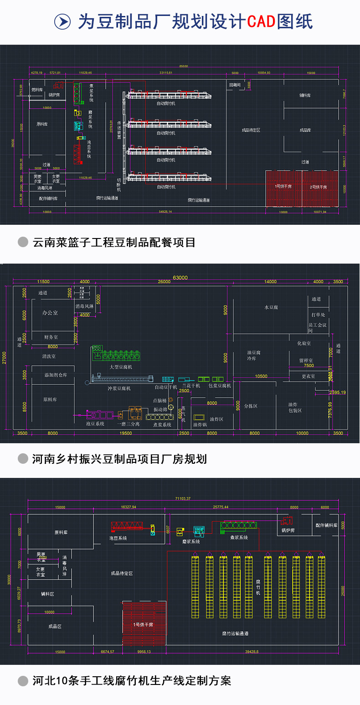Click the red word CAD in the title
261,21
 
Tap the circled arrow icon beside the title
62,21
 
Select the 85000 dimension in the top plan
183,66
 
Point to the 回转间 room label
235,85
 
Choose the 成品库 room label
305,130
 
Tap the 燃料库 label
37,90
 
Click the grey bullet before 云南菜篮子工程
23,242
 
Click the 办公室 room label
50,313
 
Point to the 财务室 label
51,337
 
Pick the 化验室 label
304,343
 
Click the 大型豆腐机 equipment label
120,367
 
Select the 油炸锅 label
200,425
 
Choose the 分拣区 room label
251,405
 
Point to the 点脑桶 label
160,400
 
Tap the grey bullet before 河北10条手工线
23,681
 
